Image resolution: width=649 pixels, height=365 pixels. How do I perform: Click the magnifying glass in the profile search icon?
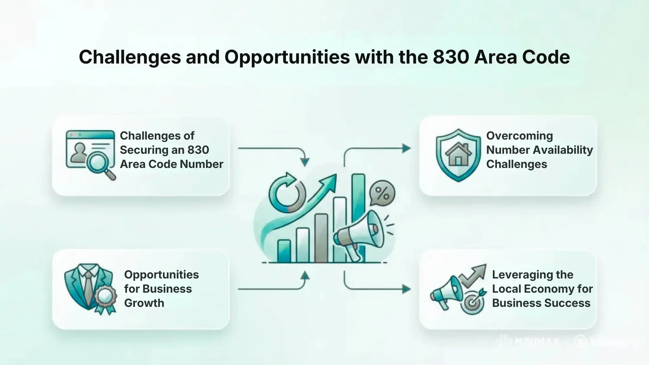pos(98,163)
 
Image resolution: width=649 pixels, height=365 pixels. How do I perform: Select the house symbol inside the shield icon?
pos(458,155)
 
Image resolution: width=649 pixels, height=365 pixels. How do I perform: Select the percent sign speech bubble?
pos(382,194)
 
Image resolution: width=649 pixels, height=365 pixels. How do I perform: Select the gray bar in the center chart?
pos(321,238)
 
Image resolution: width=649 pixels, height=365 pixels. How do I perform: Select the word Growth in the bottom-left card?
pos(144,303)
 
